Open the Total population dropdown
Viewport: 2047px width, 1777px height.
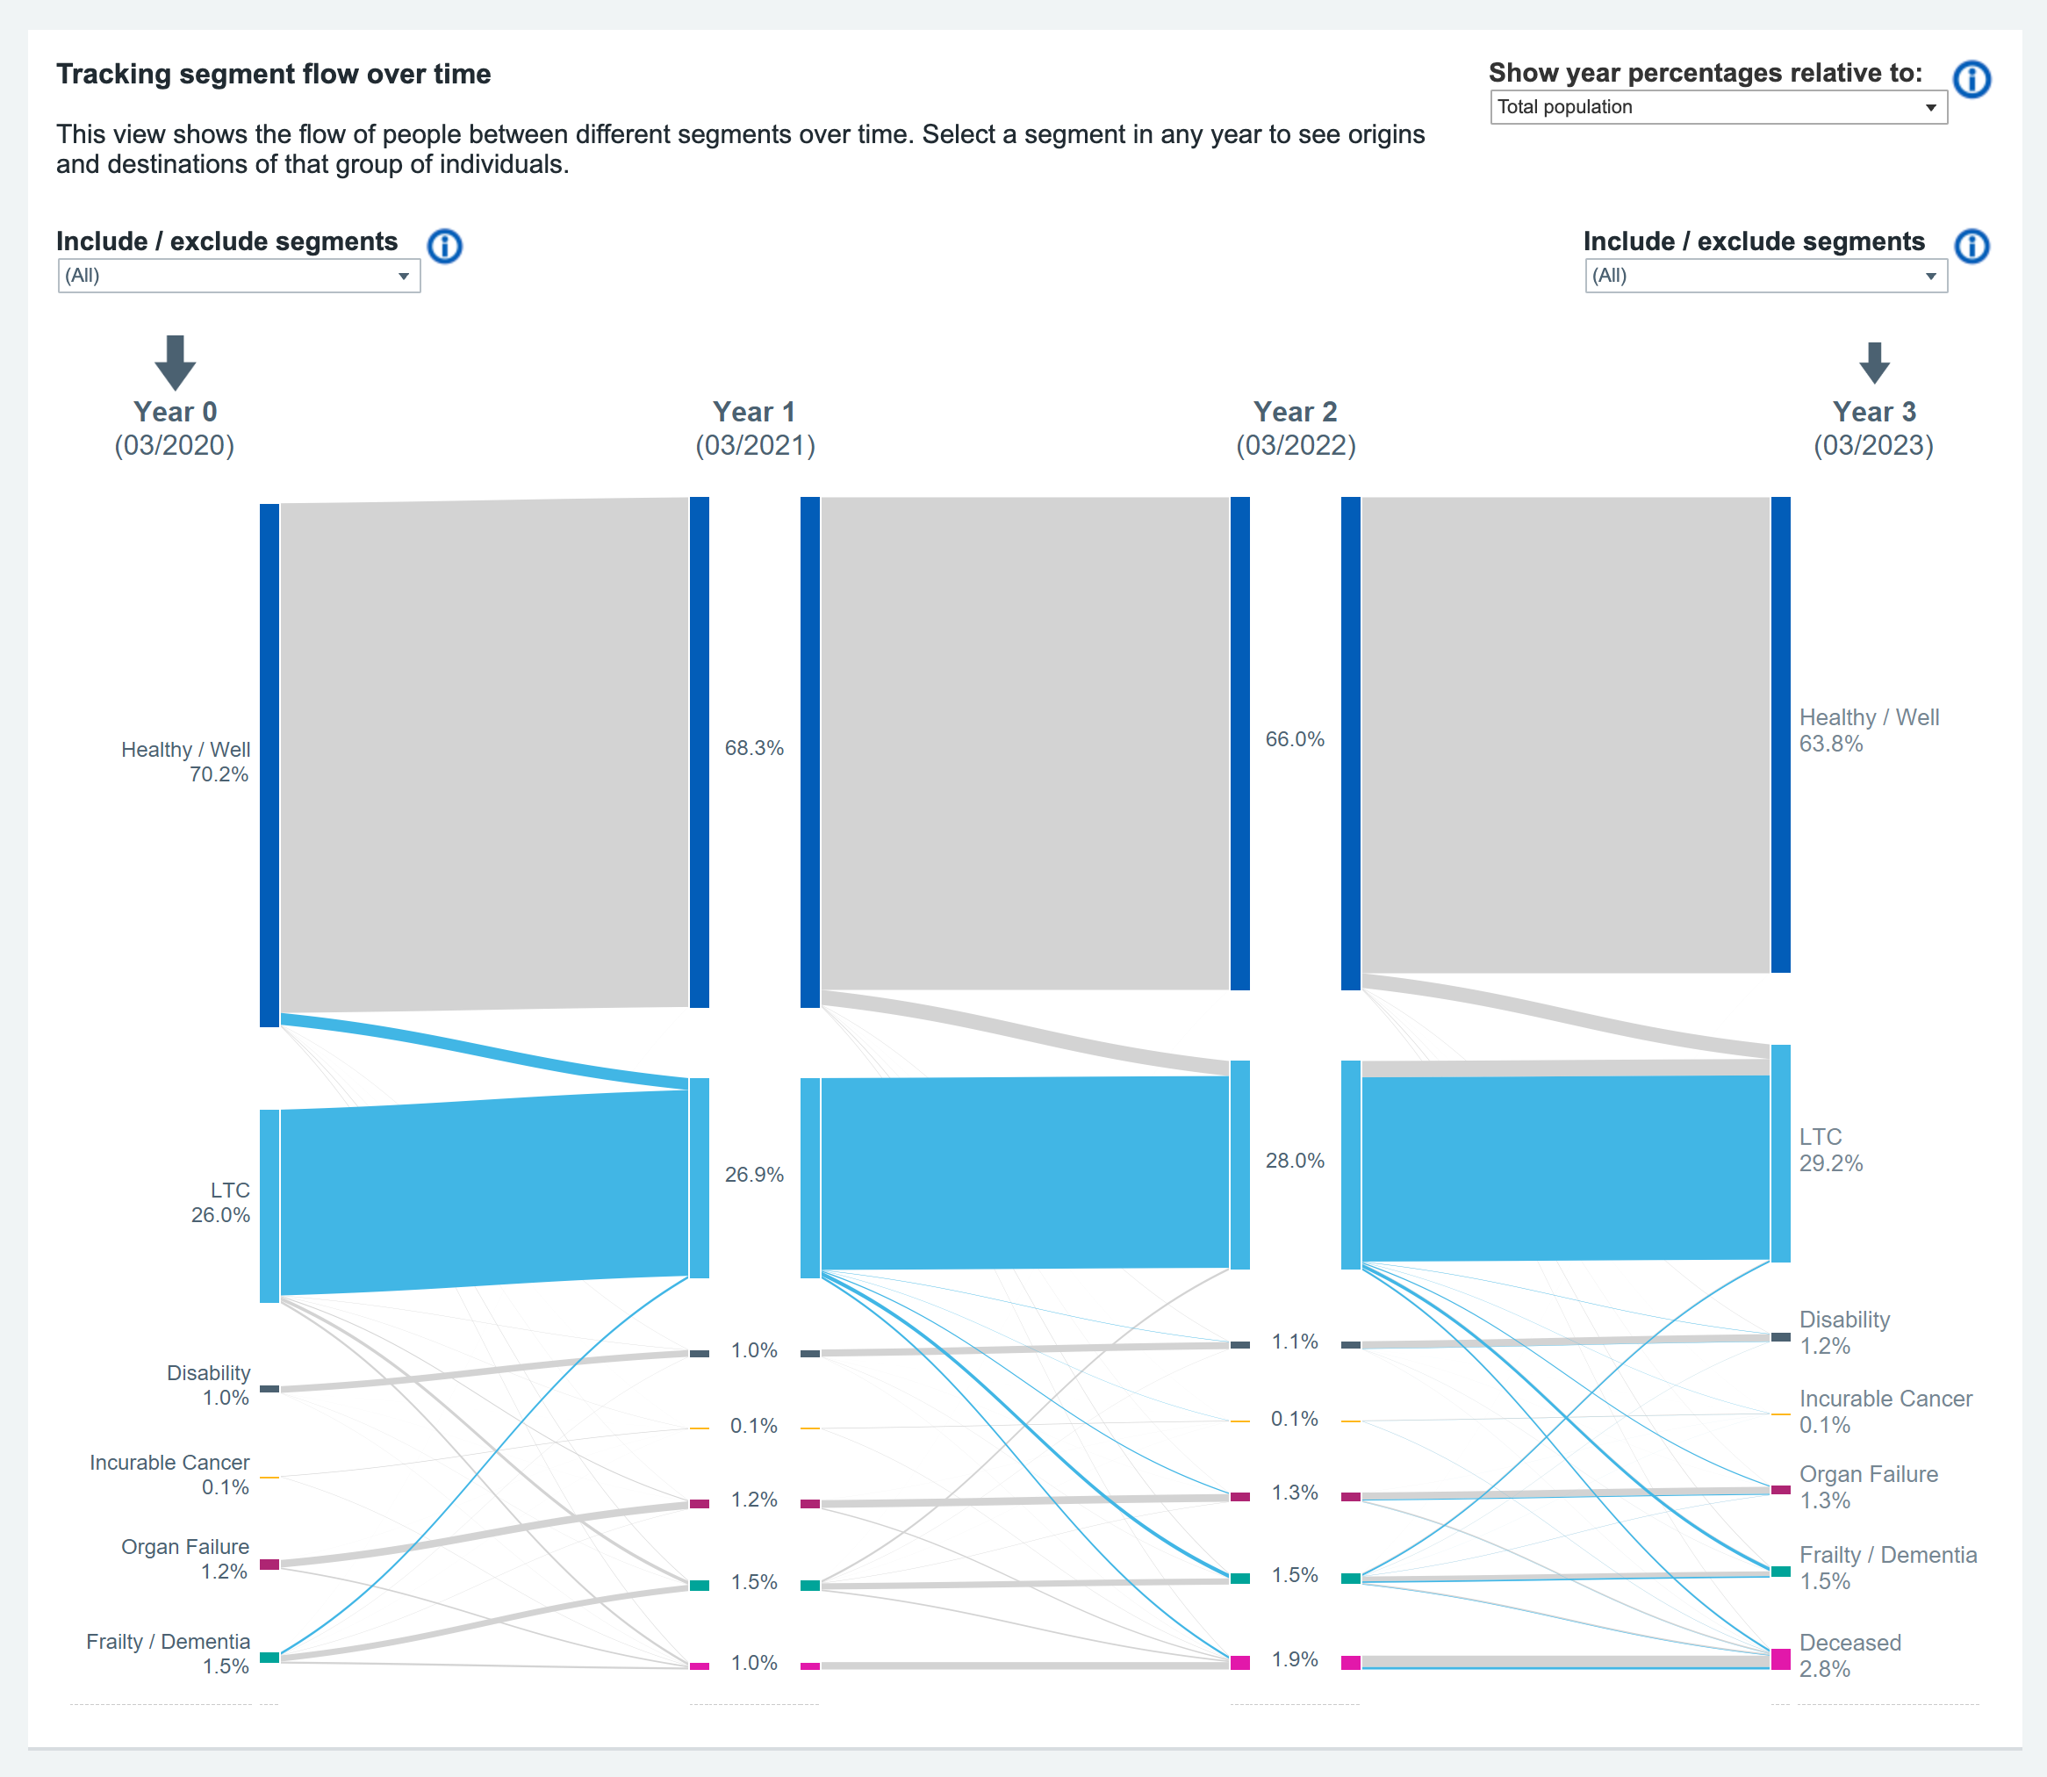coord(1717,107)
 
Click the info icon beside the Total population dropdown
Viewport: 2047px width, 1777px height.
coord(1971,79)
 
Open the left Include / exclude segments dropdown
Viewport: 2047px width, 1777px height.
coord(239,276)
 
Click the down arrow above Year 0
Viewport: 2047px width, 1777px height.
coord(176,362)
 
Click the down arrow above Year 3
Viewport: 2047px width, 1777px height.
coord(1873,363)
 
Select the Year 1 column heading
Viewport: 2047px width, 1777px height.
coord(753,412)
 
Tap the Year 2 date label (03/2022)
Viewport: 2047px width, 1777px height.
coord(1295,445)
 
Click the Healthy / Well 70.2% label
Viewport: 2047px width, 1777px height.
coord(185,761)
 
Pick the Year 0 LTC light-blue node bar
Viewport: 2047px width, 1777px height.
coord(269,1205)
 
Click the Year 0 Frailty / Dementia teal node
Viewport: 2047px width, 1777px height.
coord(269,1657)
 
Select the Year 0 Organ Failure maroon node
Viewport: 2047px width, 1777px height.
coord(269,1564)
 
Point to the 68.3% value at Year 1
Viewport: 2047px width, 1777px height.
coord(753,748)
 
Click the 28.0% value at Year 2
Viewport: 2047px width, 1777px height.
coord(1295,1160)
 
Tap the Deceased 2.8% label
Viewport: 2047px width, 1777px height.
coord(1849,1655)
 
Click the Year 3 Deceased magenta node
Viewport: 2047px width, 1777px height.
coord(1780,1659)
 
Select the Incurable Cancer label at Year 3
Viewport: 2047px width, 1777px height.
coord(1885,1399)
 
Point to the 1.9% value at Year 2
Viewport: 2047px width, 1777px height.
coord(1295,1659)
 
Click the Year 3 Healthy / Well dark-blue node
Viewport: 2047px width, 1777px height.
coord(1780,734)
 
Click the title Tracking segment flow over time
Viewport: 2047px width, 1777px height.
coord(274,75)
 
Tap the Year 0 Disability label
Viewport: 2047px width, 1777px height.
coord(208,1373)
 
